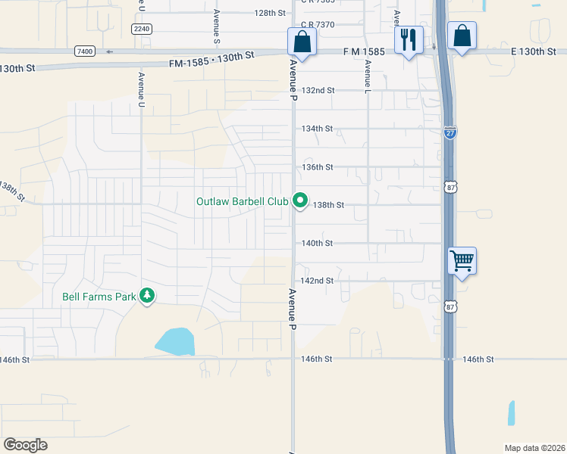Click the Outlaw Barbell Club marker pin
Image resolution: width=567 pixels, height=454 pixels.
(x=300, y=201)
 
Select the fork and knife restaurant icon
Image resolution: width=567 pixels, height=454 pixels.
(x=409, y=40)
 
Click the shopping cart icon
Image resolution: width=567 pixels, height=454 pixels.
(x=462, y=262)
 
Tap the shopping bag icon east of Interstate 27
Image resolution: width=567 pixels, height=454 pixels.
(x=462, y=36)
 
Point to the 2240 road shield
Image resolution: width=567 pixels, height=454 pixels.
(x=142, y=29)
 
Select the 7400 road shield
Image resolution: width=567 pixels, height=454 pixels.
(x=85, y=51)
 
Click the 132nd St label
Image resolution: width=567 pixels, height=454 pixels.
(x=318, y=90)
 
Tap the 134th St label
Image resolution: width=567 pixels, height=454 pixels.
(x=318, y=129)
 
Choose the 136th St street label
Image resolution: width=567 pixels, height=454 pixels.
(x=318, y=167)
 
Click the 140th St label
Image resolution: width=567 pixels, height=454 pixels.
(x=318, y=244)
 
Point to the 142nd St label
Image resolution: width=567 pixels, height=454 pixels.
(x=318, y=281)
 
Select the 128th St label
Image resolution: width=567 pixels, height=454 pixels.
(x=270, y=13)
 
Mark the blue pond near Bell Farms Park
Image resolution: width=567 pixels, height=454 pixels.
(x=175, y=341)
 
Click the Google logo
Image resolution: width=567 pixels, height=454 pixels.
(x=25, y=445)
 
